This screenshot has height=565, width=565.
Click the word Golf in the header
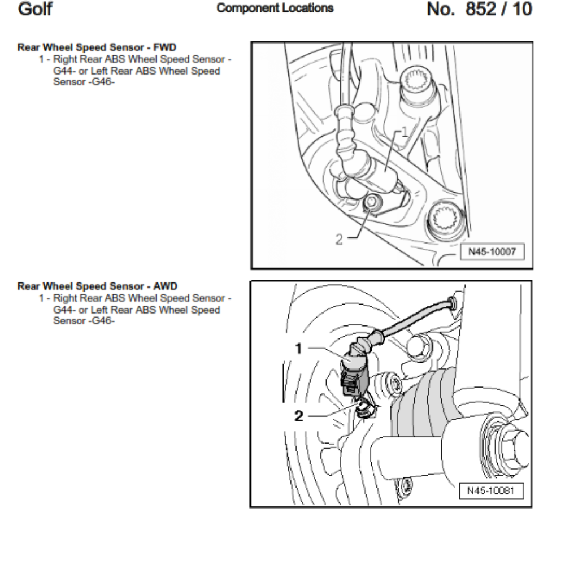pyautogui.click(x=36, y=10)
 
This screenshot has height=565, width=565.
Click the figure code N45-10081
pyautogui.click(x=490, y=490)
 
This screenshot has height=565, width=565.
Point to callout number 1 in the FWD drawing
pyautogui.click(x=404, y=132)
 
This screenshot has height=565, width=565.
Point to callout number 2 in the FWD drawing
pyautogui.click(x=339, y=239)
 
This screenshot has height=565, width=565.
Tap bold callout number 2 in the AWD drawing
pyautogui.click(x=301, y=416)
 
